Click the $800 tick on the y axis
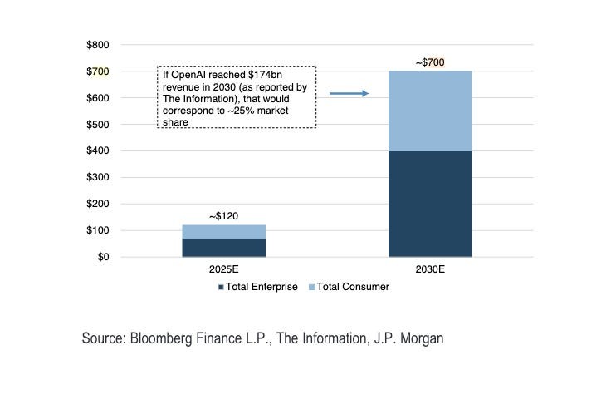[97, 45]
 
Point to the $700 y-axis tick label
[97, 71]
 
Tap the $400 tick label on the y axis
[97, 151]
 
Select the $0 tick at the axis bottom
[103, 257]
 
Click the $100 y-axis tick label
[97, 230]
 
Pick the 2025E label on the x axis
[223, 270]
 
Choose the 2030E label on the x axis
[430, 270]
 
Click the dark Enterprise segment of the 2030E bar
[430, 204]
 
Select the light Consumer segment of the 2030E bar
[430, 111]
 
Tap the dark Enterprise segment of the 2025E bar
[223, 248]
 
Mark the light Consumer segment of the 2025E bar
[223, 231]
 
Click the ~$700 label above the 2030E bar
[430, 62]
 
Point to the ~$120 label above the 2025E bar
[223, 216]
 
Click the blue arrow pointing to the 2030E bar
[349, 94]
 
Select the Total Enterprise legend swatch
[221, 287]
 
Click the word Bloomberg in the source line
[159, 338]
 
